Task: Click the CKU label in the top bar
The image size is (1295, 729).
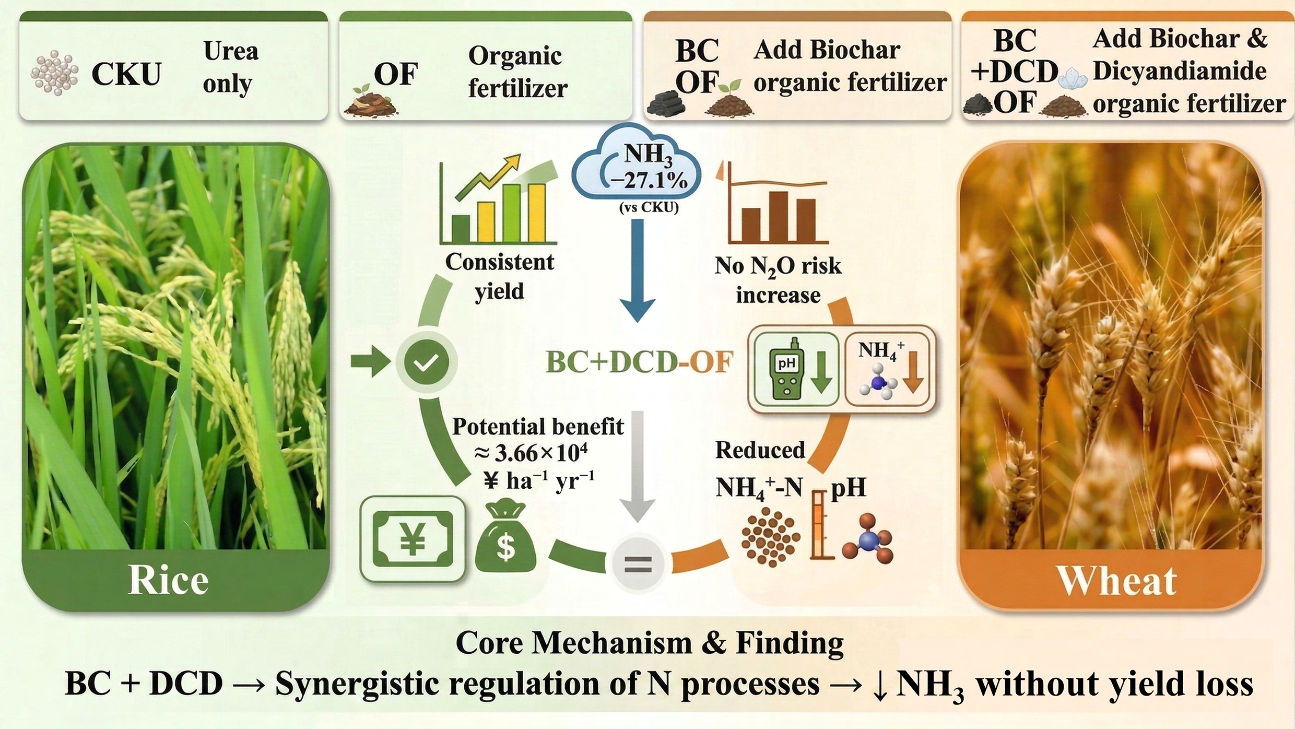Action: point(126,75)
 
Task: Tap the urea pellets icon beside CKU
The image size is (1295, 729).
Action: point(54,74)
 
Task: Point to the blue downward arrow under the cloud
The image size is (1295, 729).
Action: point(637,271)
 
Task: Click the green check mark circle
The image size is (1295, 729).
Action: point(426,361)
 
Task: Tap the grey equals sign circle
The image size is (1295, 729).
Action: point(638,564)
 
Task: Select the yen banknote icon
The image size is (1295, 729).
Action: point(413,539)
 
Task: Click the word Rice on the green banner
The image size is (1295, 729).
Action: point(168,580)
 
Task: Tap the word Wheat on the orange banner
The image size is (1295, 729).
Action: point(1117,581)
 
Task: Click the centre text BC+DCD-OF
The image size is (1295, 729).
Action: point(639,362)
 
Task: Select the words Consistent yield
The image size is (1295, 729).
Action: point(499,276)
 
